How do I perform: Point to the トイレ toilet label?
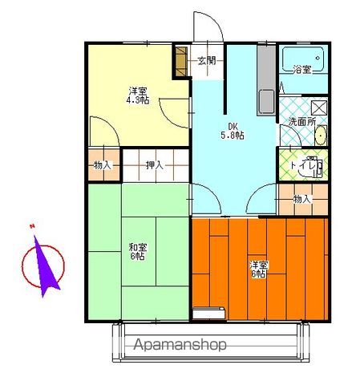(302, 165)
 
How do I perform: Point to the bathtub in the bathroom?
(304, 59)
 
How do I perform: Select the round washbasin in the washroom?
(319, 136)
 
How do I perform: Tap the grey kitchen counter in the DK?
(266, 80)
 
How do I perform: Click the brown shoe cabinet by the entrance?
(180, 61)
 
